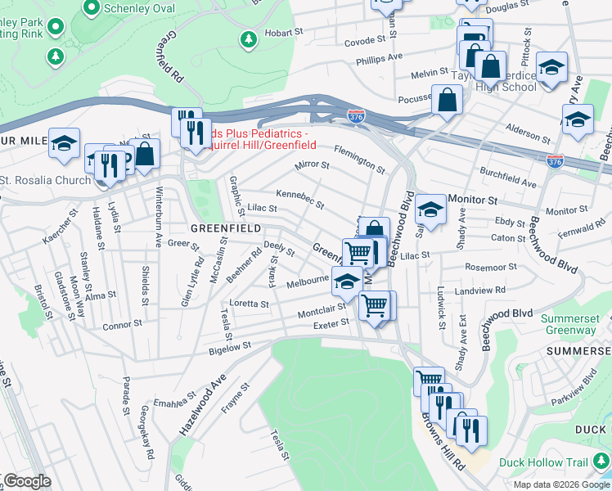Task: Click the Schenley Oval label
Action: pyautogui.click(x=128, y=9)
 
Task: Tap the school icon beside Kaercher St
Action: pyautogui.click(x=64, y=144)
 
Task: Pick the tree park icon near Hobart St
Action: pyautogui.click(x=248, y=38)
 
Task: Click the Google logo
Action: pyautogui.click(x=26, y=482)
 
